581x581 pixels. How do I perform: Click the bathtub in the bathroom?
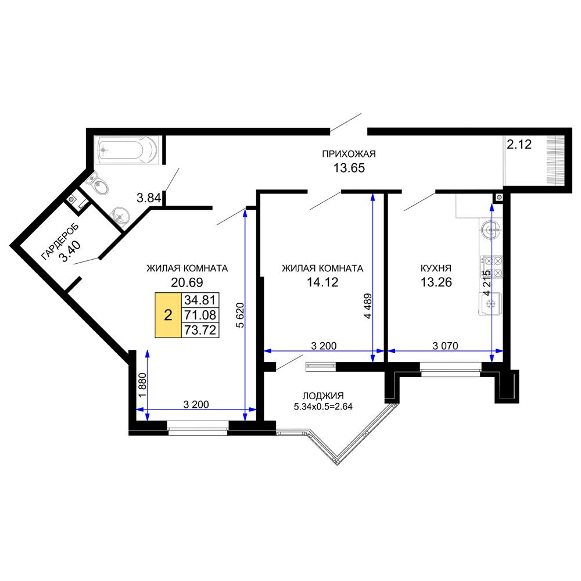[x=126, y=150]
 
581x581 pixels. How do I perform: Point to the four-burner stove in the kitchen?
[x=492, y=267]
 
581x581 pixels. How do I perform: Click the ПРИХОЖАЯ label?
[x=349, y=154]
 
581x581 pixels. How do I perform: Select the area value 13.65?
[x=349, y=168]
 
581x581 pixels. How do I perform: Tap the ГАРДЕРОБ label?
[x=59, y=242]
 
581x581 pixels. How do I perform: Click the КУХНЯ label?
[x=436, y=268]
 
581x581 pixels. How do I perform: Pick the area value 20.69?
[x=187, y=282]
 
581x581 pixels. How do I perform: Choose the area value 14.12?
[x=322, y=282]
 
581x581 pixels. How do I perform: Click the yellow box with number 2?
[x=168, y=315]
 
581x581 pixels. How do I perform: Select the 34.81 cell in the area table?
[x=200, y=300]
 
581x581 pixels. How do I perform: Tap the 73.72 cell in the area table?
[x=200, y=330]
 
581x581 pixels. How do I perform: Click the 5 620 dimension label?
[x=240, y=315]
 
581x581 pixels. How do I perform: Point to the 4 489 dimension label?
[x=368, y=306]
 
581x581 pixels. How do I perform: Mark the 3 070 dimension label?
[x=446, y=346]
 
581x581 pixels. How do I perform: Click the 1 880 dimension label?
[x=143, y=385]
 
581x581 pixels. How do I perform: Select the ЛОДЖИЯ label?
[x=323, y=396]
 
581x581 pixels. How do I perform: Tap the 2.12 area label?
[x=519, y=144]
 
